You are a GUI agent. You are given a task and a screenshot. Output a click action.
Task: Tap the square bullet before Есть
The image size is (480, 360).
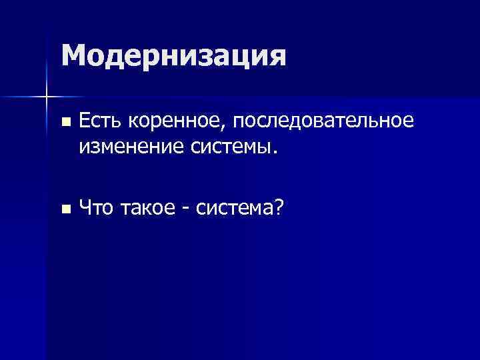(65, 122)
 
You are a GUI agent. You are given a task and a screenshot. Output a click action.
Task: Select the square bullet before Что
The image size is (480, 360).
(65, 209)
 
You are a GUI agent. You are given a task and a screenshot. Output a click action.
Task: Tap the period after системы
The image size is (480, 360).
(272, 151)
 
